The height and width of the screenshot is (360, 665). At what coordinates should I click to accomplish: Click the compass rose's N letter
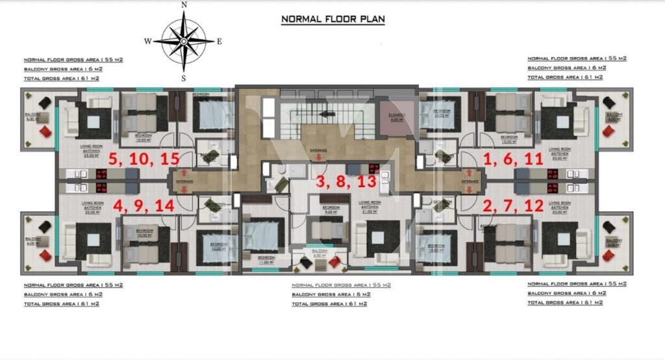coord(184,5)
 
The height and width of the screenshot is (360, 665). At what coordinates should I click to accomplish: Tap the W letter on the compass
coord(148,41)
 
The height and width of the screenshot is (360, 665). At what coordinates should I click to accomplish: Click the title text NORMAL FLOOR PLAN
coord(332,19)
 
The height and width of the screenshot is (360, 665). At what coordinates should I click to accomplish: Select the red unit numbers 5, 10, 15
coord(142,159)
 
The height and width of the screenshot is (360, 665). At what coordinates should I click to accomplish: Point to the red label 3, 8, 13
coord(346,183)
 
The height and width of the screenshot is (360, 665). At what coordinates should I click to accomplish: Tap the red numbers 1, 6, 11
coord(514,159)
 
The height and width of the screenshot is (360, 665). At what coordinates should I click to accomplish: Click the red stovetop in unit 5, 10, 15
coord(102,174)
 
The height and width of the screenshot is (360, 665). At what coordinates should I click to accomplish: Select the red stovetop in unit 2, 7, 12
coord(553,188)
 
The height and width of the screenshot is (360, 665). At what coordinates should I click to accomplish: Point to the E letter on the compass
coord(220,41)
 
